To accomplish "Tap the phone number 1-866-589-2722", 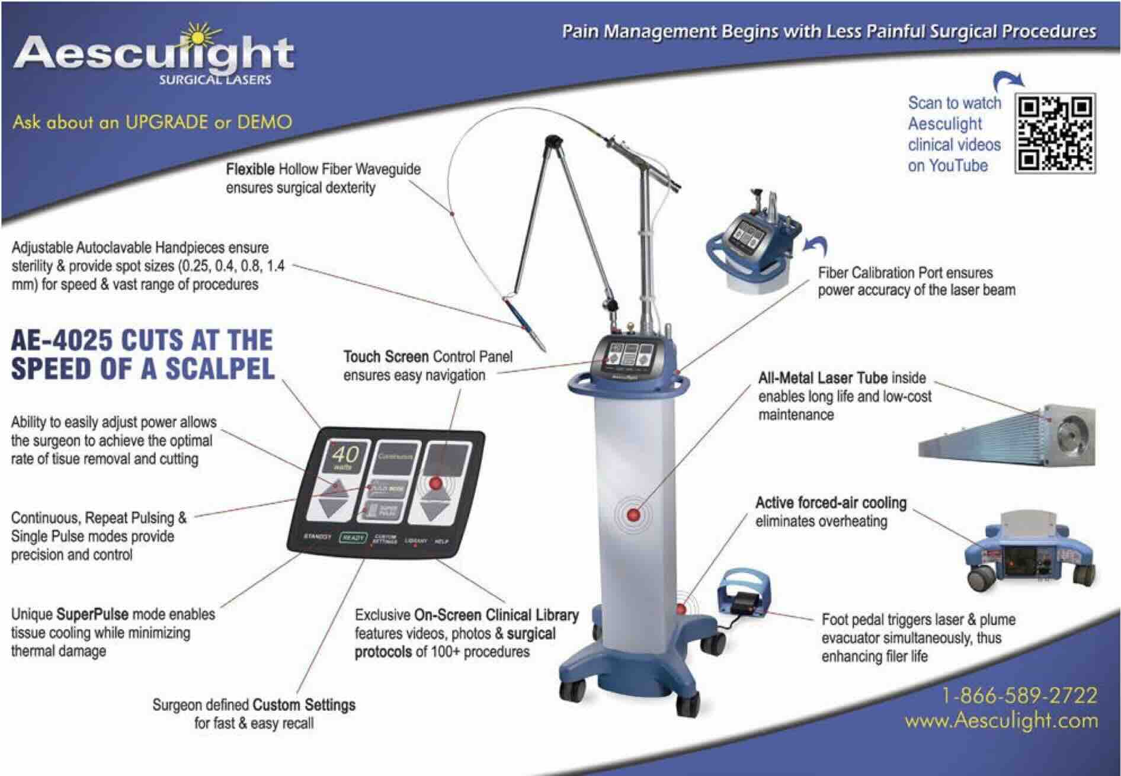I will [1019, 695].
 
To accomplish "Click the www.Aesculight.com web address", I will [1001, 721].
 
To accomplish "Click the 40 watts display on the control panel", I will [345, 457].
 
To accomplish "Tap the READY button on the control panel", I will [353, 537].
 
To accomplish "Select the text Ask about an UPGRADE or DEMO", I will [152, 123].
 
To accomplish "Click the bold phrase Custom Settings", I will [304, 705].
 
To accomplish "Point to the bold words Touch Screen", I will [386, 357].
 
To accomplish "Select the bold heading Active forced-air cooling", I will [831, 503].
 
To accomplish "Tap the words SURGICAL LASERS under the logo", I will [214, 79].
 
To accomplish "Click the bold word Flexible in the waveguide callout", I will [250, 169].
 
